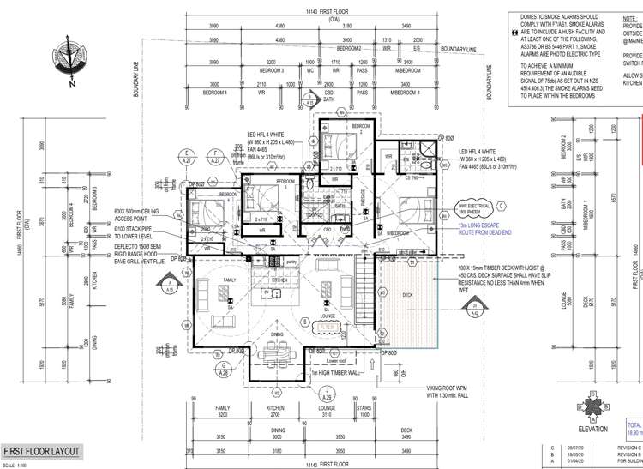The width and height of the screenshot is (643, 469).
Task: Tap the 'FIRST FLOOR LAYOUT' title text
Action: [43, 452]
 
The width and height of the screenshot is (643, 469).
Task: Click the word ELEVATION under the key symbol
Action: [592, 429]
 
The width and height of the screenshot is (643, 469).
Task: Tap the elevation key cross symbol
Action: [592, 406]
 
